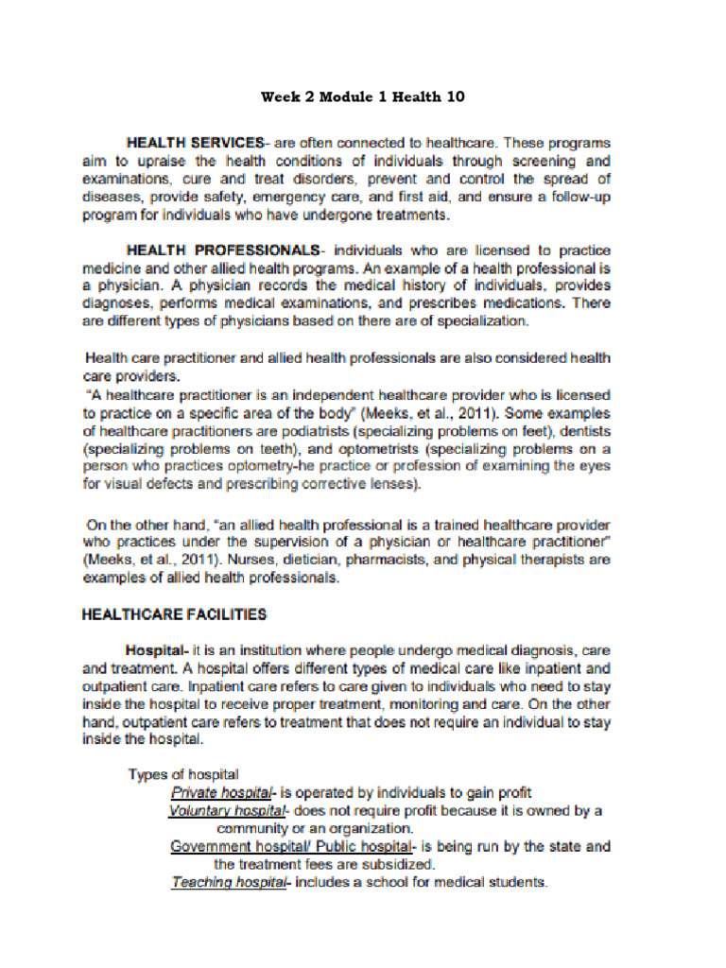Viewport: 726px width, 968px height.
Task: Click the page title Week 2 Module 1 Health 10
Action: [362, 96]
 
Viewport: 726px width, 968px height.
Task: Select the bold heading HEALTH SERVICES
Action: [195, 143]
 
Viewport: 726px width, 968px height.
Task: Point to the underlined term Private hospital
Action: [220, 793]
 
